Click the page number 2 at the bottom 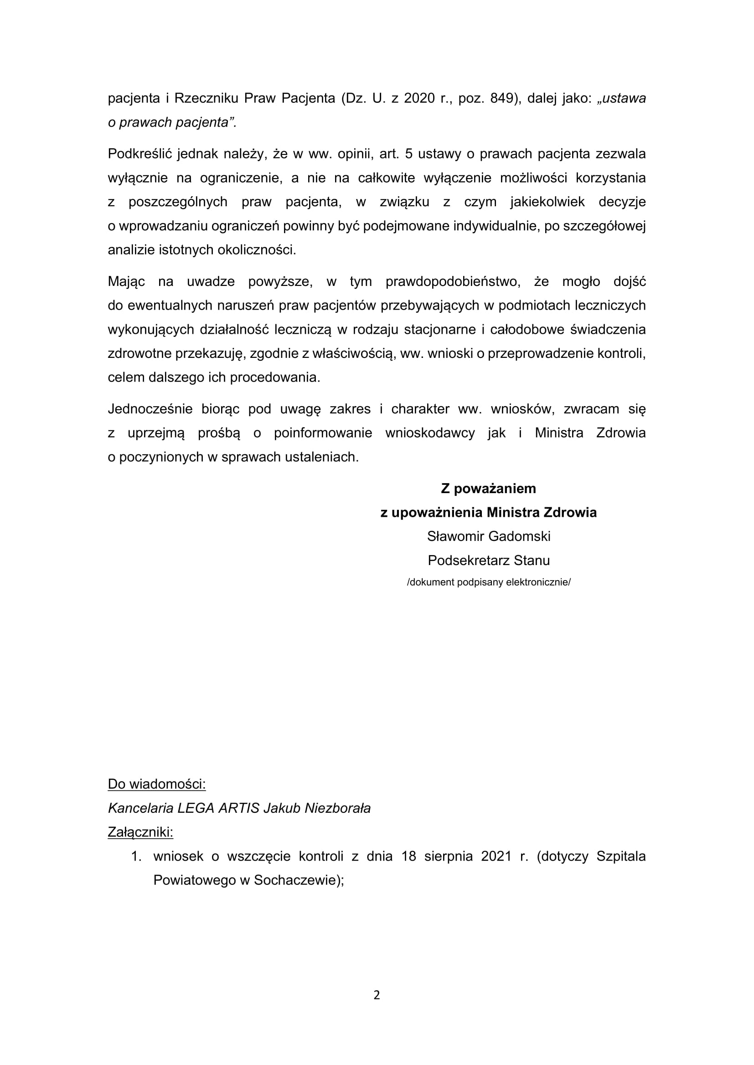(x=377, y=995)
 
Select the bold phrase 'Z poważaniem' (x=488, y=489)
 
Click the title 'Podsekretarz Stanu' (x=488, y=561)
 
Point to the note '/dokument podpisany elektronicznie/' (x=488, y=582)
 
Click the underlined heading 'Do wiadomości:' (x=156, y=784)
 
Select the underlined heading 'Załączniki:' (x=140, y=832)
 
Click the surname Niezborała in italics (x=337, y=808)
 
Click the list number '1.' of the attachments (x=136, y=856)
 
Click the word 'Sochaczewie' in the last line (x=297, y=881)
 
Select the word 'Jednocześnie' (x=150, y=409)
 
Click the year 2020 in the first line (x=419, y=98)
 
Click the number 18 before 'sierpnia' (x=408, y=856)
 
